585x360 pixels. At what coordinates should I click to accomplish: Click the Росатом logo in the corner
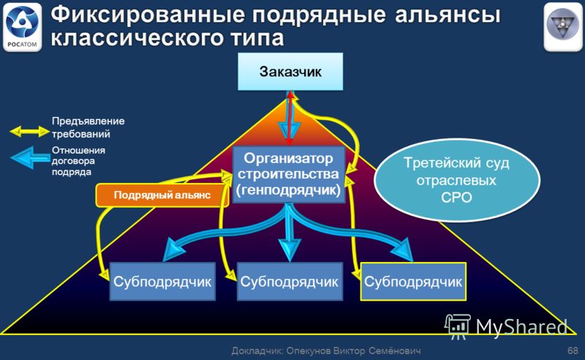(23, 27)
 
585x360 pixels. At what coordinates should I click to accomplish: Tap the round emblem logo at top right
(562, 27)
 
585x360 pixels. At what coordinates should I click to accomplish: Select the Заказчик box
(290, 71)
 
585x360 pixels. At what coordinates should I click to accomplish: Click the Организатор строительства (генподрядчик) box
(289, 174)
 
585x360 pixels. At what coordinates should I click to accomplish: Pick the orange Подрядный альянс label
(162, 195)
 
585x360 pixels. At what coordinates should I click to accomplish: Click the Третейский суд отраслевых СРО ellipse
(456, 180)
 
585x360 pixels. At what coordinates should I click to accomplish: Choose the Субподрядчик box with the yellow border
(413, 282)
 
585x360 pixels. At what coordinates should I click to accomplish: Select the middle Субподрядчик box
(290, 282)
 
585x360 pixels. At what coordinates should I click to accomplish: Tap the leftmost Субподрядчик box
(162, 282)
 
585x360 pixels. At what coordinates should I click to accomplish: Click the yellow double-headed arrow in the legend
(29, 132)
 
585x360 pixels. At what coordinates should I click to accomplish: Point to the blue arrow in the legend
(30, 158)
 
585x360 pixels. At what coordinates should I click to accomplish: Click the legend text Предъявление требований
(88, 127)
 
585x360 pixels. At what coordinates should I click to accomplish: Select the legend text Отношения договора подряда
(78, 161)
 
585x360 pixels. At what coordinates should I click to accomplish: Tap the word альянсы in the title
(448, 15)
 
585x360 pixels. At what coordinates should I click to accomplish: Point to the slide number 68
(573, 350)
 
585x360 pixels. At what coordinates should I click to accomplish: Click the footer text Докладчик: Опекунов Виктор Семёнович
(326, 350)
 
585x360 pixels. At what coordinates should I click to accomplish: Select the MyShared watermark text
(521, 327)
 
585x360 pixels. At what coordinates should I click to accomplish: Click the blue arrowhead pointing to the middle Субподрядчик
(290, 250)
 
